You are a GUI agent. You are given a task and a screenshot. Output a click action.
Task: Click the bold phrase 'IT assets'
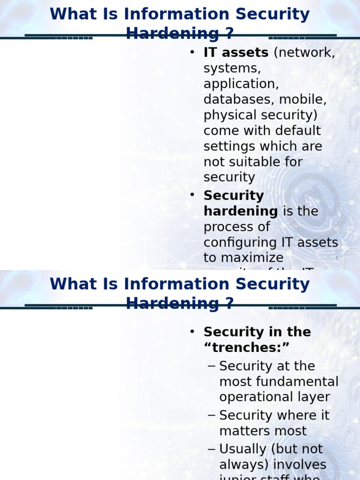236,53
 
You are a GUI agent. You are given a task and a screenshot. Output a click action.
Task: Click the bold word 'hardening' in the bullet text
240,211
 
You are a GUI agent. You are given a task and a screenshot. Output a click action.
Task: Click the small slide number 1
337,258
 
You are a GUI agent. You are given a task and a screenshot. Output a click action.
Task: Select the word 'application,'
241,84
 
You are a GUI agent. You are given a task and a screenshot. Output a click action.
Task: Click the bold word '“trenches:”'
247,348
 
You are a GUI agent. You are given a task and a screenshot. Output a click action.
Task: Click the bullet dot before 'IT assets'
192,52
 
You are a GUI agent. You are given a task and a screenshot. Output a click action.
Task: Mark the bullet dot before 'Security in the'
192,332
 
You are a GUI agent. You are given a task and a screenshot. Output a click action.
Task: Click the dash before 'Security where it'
211,415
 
